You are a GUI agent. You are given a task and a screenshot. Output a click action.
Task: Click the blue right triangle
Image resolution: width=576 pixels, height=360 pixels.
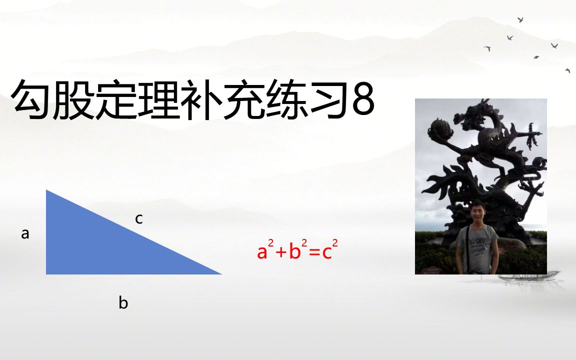click(100, 245)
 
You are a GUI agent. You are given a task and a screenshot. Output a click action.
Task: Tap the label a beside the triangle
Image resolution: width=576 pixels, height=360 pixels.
click(25, 233)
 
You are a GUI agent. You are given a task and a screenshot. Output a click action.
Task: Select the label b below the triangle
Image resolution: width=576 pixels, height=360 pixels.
click(123, 303)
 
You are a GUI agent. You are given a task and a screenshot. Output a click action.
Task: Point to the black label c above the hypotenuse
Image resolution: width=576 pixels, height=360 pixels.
click(139, 218)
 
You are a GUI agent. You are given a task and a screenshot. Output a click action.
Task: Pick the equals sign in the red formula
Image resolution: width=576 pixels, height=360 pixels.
click(313, 252)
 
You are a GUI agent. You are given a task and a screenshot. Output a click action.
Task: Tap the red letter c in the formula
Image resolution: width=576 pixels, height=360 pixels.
click(327, 252)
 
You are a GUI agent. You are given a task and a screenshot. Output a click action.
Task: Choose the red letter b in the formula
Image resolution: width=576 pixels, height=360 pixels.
click(295, 251)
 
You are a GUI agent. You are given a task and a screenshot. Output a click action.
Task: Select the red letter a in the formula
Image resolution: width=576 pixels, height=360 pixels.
click(262, 252)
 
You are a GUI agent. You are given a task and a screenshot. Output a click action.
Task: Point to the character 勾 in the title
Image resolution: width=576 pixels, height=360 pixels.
click(31, 101)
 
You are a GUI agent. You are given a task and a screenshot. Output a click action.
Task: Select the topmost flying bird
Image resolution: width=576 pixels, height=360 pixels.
click(520, 20)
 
